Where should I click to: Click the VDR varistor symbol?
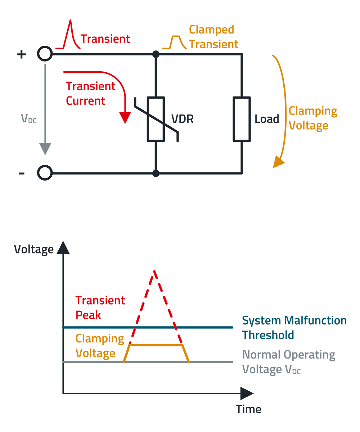[x=156, y=119]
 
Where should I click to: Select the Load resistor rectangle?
[x=242, y=119]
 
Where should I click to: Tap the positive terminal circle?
[x=45, y=54]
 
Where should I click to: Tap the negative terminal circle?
[x=45, y=173]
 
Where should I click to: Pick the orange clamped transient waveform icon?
[x=175, y=42]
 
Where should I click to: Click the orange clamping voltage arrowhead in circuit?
[x=278, y=162]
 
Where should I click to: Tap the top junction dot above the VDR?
[x=156, y=54]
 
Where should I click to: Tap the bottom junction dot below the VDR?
[x=156, y=173]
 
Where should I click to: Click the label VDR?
[x=182, y=119]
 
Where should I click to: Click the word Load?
[x=267, y=119]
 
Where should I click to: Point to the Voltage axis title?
[x=33, y=249]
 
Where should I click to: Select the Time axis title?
[x=248, y=409]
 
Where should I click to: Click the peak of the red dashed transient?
[x=154, y=271]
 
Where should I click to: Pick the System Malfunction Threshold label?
[x=294, y=328]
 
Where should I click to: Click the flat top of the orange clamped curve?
[x=156, y=345]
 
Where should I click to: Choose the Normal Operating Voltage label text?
[x=289, y=362]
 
